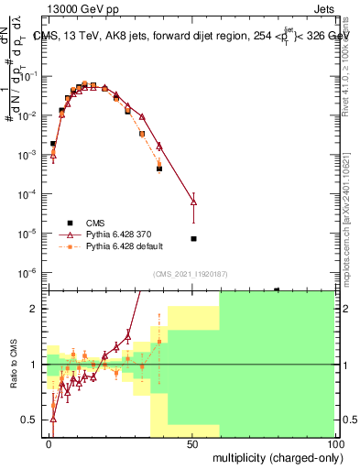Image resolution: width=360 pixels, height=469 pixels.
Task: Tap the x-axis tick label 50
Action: (x=191, y=443)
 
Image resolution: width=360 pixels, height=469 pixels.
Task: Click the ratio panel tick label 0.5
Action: (x=34, y=420)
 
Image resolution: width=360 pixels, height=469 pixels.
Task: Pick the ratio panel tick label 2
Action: (x=38, y=309)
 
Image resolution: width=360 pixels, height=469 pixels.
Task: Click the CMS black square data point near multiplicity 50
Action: (x=193, y=239)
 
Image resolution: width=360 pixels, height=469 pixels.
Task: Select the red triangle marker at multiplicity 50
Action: (x=193, y=202)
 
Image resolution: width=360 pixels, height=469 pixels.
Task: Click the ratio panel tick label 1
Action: (x=38, y=365)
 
